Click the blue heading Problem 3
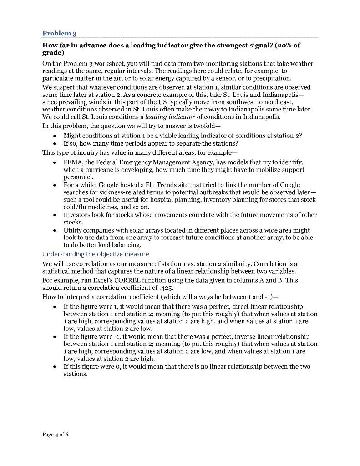[59, 33]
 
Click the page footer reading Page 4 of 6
[55, 435]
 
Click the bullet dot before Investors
[55, 215]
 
